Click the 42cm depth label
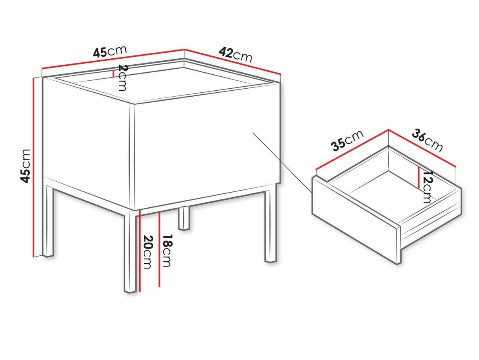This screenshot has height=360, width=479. pos(235,55)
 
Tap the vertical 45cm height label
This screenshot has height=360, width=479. pos(25,166)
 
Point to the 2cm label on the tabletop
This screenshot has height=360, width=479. pos(122,78)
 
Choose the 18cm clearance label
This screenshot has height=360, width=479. pos(167,251)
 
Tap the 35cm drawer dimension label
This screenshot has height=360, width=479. pos(347,141)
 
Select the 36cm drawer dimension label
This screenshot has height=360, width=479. pos(427,141)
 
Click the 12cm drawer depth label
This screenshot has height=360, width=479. pos(428,187)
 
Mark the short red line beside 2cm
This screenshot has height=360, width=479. pos(113,74)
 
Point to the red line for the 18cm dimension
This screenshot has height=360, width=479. pos(160,249)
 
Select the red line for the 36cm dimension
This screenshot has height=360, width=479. pos(422,148)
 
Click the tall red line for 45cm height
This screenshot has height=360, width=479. pos(34,167)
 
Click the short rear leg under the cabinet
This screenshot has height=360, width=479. pos(184,218)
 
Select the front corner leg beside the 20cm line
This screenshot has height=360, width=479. pos(130,251)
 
